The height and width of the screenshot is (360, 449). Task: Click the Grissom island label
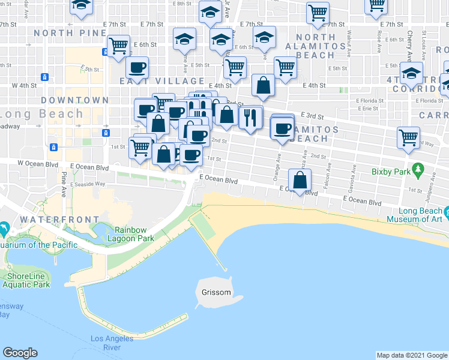216,292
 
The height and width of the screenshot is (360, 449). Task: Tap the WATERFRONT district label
59,220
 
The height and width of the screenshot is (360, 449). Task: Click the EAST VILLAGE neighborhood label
153,81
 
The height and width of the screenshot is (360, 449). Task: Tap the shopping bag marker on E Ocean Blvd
300,179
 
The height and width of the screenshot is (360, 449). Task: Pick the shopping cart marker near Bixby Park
408,137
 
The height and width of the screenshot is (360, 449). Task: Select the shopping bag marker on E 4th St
263,85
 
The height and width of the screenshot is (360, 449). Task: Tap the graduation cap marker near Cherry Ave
411,74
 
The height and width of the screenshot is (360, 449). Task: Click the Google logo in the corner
20,353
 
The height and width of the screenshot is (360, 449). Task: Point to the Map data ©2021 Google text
412,355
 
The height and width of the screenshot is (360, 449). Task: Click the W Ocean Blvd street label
37,163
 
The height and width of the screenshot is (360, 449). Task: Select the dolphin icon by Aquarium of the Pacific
4,229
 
